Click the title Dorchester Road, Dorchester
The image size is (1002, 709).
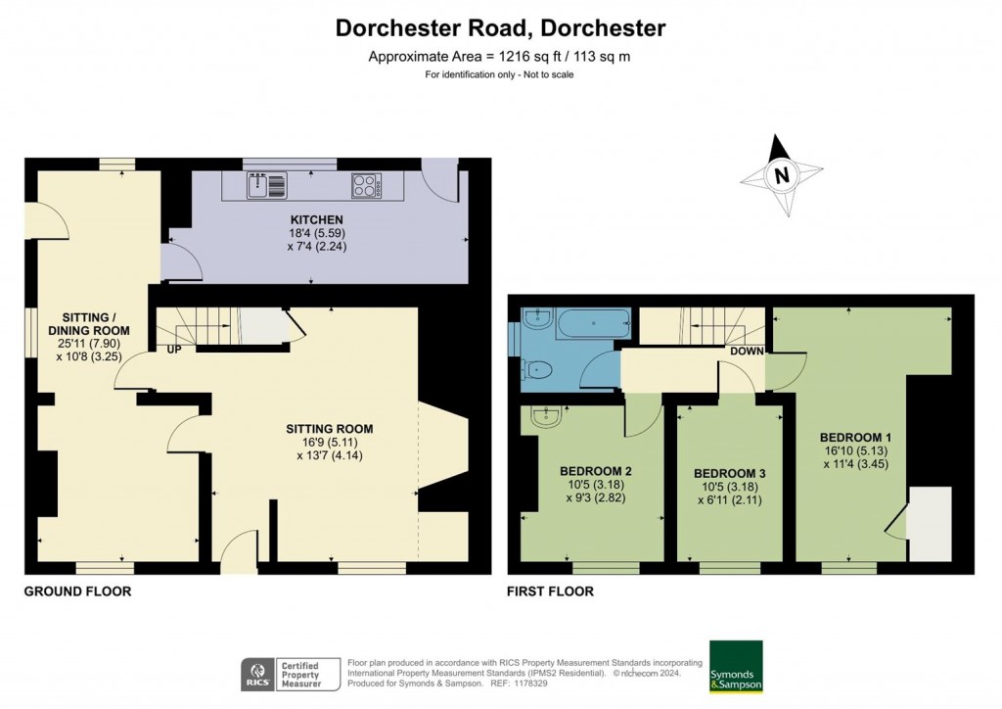tap(500, 27)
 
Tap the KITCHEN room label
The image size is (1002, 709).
tap(316, 219)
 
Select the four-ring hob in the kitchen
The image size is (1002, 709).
tap(366, 184)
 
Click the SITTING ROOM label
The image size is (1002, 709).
tap(330, 429)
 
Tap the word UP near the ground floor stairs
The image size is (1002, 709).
tap(174, 350)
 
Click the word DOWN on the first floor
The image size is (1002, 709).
tap(748, 350)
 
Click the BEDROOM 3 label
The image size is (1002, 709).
tap(731, 473)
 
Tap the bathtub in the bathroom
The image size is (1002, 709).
tap(595, 324)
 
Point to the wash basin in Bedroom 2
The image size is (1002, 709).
tap(544, 418)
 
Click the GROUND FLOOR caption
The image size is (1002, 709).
tap(77, 591)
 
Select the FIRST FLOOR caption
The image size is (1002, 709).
tap(550, 591)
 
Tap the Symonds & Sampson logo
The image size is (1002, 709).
tap(736, 666)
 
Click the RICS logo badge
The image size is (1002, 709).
tap(258, 674)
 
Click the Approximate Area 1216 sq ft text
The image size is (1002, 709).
tap(499, 57)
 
